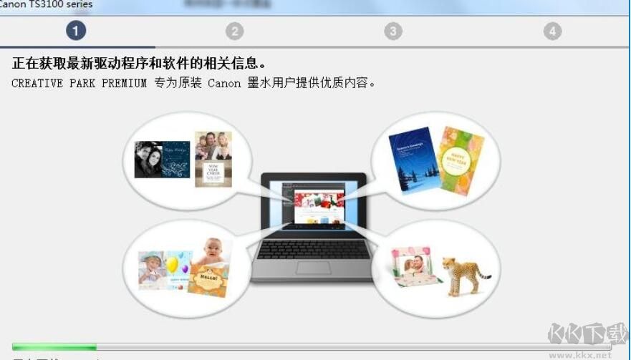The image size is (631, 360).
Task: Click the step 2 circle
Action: coord(234,31)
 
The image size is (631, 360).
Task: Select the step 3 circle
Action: coord(392,31)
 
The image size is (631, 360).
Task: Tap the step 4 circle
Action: coord(551,31)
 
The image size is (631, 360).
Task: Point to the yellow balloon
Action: coord(172,266)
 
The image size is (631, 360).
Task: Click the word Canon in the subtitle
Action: coord(224,83)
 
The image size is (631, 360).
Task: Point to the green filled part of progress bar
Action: coord(54,347)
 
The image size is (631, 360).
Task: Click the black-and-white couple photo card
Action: coord(162,159)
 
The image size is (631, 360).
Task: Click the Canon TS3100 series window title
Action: coord(46,4)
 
